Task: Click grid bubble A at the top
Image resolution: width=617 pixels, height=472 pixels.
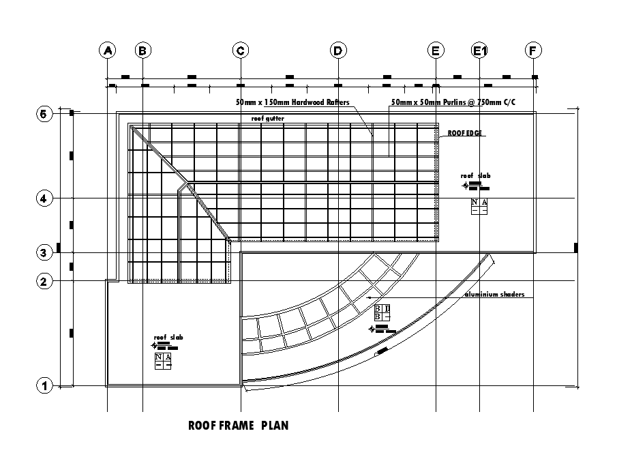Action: tap(107, 50)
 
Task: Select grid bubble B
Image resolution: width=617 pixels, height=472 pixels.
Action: tap(142, 50)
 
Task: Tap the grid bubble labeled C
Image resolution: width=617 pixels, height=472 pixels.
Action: tap(241, 50)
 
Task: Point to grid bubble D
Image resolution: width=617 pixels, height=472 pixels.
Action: tap(337, 50)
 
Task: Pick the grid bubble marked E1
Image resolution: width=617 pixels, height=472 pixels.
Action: tap(480, 50)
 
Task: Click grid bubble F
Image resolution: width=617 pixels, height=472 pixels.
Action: tap(533, 50)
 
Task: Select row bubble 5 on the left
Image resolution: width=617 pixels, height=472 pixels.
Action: tap(44, 114)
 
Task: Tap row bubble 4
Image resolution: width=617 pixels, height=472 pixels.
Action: tap(44, 198)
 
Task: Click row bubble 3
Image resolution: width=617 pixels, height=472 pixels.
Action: tap(44, 253)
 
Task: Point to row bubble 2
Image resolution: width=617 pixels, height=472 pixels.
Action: tap(44, 281)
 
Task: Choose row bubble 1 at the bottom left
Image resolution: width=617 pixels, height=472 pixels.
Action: tap(44, 386)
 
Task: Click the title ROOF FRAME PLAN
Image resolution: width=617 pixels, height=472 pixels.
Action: tap(238, 426)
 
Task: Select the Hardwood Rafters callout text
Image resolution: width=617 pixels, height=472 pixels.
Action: tap(292, 102)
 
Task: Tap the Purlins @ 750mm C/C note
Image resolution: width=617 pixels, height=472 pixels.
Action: tap(453, 102)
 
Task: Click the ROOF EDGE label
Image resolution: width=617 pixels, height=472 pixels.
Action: tap(465, 133)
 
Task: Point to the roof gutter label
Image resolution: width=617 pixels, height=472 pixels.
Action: tap(267, 119)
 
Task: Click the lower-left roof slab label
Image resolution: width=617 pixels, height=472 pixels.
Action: tap(168, 338)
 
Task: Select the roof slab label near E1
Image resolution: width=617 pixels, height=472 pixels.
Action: tap(475, 176)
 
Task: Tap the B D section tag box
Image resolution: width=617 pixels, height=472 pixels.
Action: tap(382, 313)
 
